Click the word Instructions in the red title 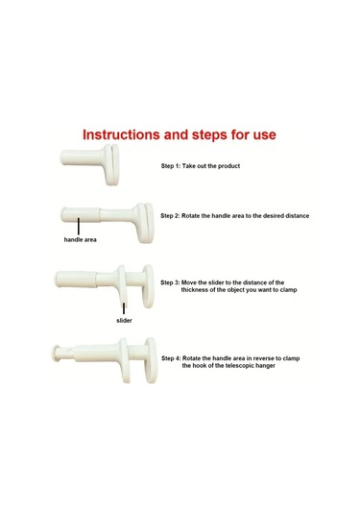(121, 135)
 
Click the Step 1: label (170, 166)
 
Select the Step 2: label (170, 216)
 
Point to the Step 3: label (170, 282)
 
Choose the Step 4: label (171, 358)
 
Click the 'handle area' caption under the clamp (81, 239)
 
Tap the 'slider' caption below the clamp (124, 320)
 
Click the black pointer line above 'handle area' (79, 226)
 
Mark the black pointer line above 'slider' (124, 308)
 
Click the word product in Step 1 (229, 166)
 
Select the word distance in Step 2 (297, 216)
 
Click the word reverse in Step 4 (263, 358)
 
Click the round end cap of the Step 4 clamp (56, 354)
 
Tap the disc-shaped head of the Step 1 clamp (111, 165)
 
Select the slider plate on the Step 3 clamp (122, 285)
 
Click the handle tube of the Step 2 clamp (81, 214)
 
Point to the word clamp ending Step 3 (288, 290)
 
